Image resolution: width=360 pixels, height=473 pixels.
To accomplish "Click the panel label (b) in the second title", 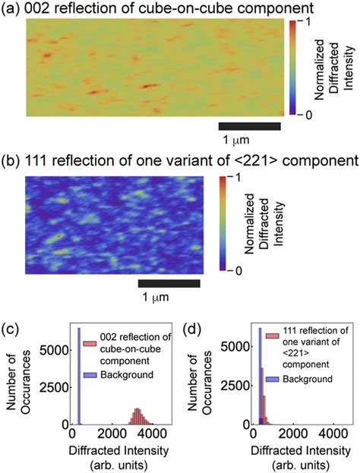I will coord(11,160).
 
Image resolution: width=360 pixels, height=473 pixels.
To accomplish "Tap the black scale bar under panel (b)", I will coord(169,283).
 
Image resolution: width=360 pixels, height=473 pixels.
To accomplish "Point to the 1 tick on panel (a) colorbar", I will coord(304,22).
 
